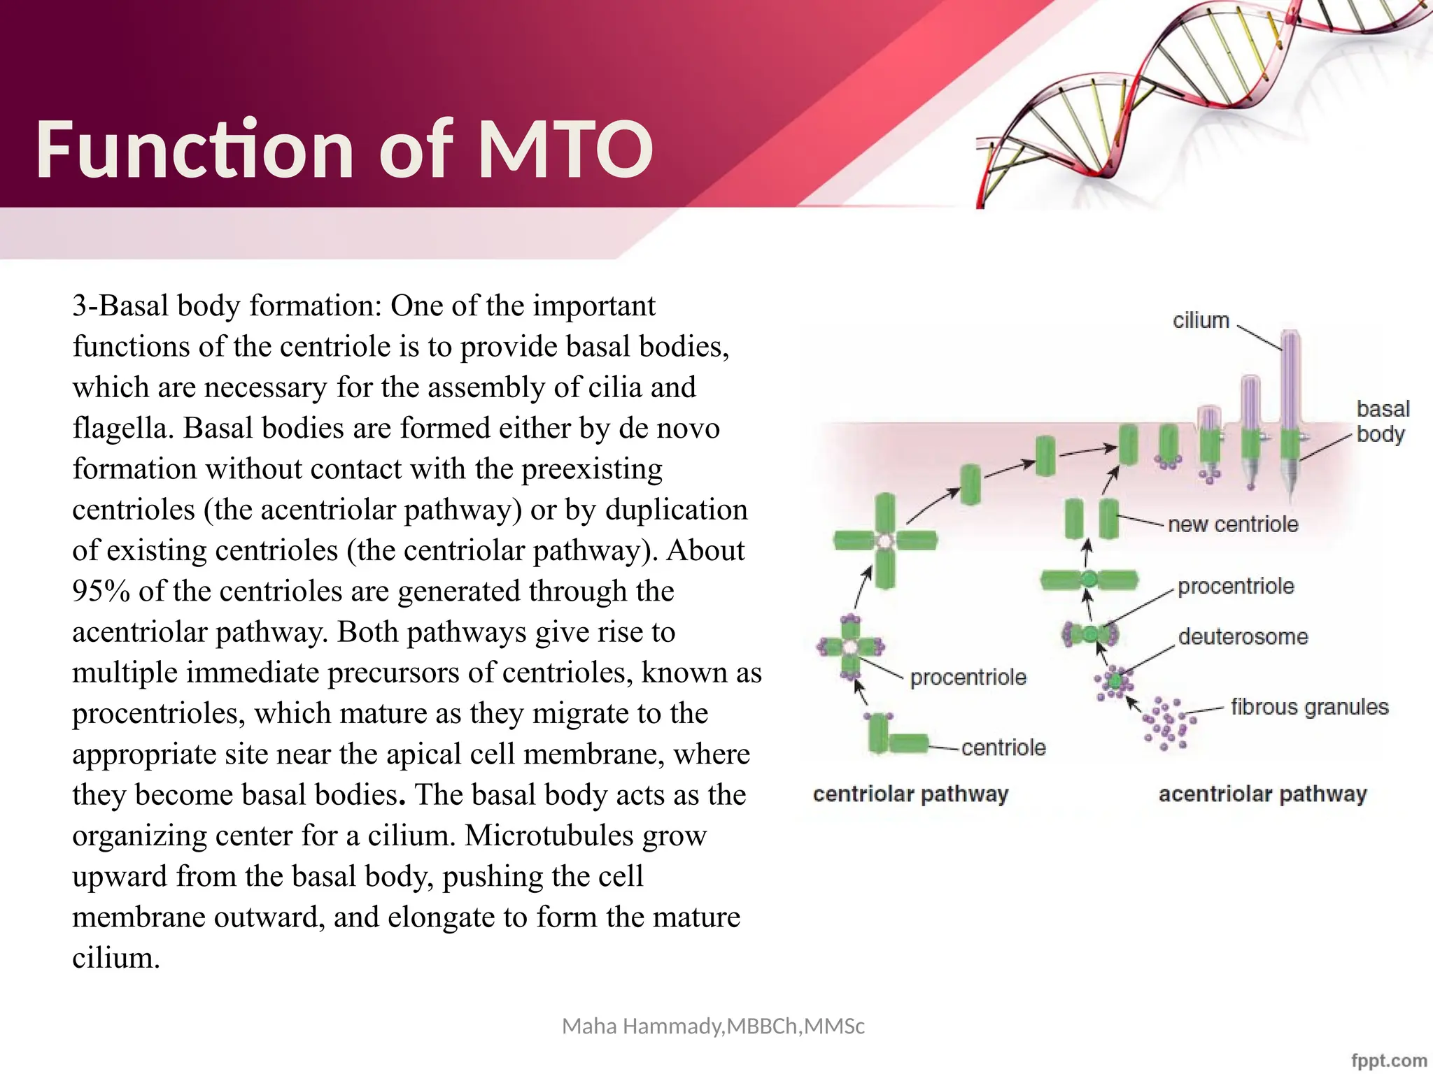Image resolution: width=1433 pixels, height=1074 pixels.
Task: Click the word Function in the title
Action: [195, 149]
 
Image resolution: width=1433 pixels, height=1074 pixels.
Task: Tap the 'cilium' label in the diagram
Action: [1201, 320]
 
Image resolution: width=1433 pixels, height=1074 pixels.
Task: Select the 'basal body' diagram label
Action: [1382, 421]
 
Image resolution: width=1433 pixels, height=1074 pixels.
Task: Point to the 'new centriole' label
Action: [1233, 524]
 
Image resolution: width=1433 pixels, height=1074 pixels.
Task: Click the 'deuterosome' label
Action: [1243, 636]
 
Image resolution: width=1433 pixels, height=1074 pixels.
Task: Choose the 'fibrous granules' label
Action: [1309, 707]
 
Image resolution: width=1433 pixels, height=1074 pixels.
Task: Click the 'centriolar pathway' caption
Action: [910, 794]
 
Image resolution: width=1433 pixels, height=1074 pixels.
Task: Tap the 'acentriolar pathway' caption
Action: [1262, 794]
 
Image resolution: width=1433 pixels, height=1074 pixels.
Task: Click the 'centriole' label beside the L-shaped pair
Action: [1003, 747]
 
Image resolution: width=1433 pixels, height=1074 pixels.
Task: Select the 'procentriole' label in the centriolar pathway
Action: [968, 677]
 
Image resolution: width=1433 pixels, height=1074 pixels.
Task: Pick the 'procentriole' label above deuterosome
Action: [1236, 586]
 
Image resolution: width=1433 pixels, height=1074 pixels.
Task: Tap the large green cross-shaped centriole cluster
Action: [885, 540]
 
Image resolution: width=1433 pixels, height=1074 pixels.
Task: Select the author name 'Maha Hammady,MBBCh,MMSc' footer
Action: [713, 1026]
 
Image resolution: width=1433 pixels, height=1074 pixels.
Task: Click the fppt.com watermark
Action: [1388, 1060]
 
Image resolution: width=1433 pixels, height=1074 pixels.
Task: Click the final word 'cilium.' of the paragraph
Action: [116, 957]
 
